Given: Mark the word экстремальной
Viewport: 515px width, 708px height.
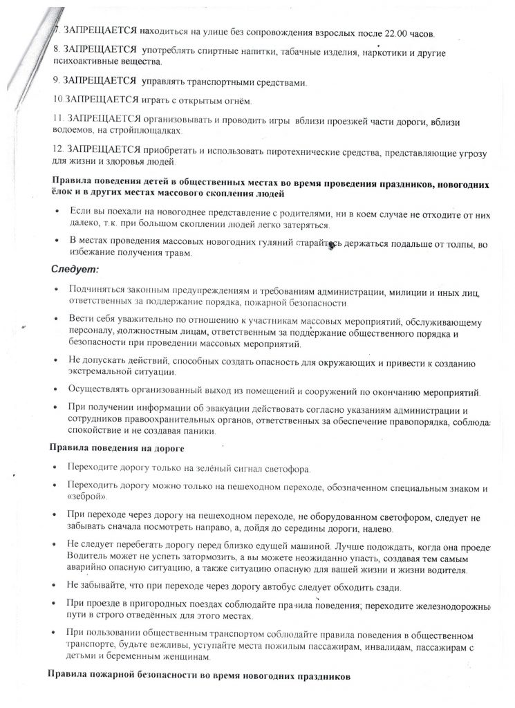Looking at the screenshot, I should pyautogui.click(x=102, y=372).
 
